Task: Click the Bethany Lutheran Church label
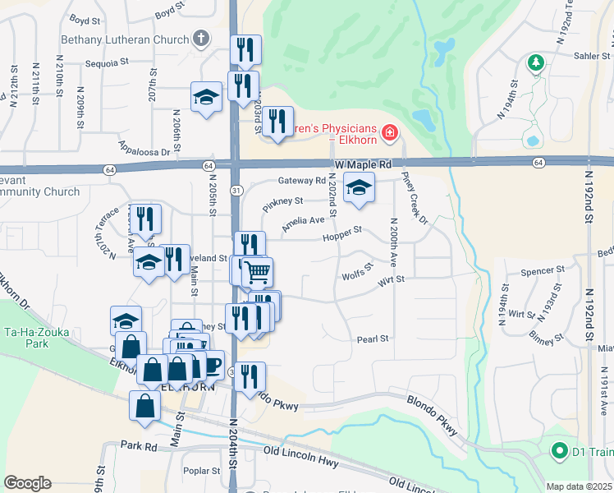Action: point(125,39)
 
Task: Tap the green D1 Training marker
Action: point(560,450)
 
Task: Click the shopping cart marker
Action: point(257,271)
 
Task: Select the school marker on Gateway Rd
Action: point(359,188)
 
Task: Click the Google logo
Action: point(27,483)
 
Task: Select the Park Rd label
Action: point(138,445)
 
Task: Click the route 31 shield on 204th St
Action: point(236,191)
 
